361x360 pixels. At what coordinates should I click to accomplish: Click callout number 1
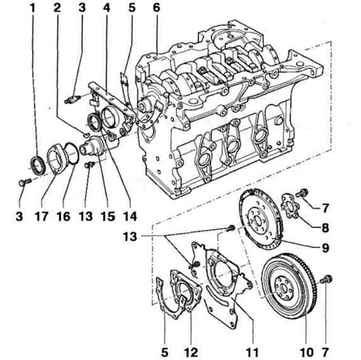point(32,8)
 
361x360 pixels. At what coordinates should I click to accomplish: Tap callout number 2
point(57,8)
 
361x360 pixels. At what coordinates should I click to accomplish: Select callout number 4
point(106,8)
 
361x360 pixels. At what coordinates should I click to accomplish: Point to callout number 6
point(156,8)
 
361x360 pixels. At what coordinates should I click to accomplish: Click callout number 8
point(325,228)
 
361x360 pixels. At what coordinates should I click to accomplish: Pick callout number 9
point(325,248)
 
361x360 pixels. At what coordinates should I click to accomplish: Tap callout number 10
point(307,352)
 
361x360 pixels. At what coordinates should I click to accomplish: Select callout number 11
point(253,352)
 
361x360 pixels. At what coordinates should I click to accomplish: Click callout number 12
point(191,352)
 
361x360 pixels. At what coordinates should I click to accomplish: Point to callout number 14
point(130,216)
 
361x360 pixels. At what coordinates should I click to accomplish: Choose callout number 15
point(108,216)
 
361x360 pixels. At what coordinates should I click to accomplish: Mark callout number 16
point(63,216)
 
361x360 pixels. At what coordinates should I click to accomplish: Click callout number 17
point(42,216)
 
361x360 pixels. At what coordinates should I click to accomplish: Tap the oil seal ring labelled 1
point(37,166)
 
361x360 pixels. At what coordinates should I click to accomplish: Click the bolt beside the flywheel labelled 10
point(327,279)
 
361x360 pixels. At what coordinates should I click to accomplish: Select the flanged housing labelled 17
point(57,159)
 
